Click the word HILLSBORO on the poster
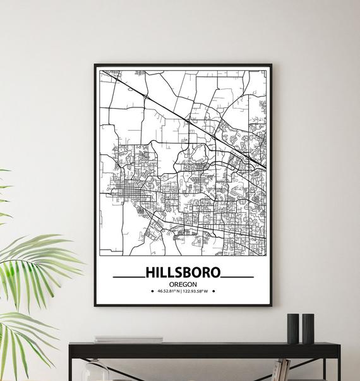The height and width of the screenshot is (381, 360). click(x=183, y=273)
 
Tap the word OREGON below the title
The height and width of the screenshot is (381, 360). click(x=183, y=284)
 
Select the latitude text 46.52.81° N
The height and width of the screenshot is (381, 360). click(x=165, y=292)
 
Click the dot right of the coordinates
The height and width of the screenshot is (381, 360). click(x=213, y=292)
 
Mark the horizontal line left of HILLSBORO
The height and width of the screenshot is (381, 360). click(x=128, y=277)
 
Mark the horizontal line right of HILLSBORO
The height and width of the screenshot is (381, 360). click(x=238, y=277)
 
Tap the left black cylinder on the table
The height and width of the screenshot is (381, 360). click(x=293, y=329)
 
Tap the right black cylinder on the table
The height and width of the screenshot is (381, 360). click(x=308, y=329)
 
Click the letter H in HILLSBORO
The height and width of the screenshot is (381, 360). click(x=150, y=273)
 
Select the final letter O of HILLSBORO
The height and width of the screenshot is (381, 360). click(x=216, y=273)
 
